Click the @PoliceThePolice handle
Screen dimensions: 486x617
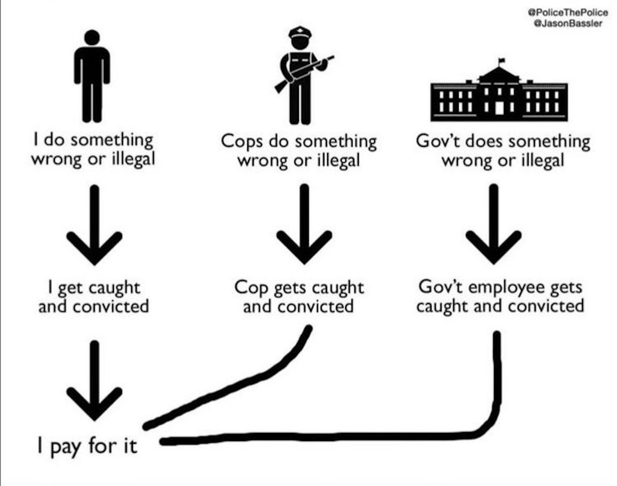(x=567, y=12)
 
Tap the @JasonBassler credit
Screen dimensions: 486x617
(x=567, y=23)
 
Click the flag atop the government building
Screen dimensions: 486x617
(x=501, y=61)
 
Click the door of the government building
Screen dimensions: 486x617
(x=499, y=108)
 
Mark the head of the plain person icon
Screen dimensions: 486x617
(x=92, y=37)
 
